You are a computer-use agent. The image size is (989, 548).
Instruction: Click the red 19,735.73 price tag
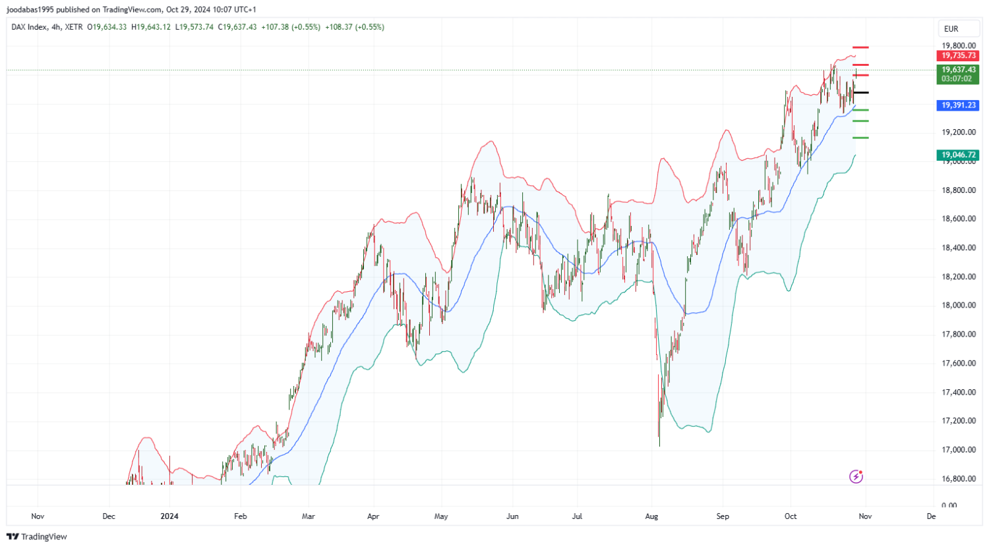tap(958, 56)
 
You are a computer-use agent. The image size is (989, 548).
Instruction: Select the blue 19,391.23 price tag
tap(958, 105)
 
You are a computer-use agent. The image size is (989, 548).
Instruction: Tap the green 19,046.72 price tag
tap(958, 155)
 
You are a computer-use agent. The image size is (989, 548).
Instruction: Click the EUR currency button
tap(951, 29)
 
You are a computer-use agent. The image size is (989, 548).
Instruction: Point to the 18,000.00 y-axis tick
tap(959, 306)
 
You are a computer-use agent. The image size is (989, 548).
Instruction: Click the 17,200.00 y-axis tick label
tap(959, 421)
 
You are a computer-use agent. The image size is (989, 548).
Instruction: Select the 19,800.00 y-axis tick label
tap(959, 46)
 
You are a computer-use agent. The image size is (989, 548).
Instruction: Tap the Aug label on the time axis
tap(651, 516)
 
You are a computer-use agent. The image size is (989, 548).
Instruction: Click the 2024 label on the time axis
tap(169, 516)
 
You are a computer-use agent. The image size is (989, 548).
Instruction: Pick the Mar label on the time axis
tap(308, 516)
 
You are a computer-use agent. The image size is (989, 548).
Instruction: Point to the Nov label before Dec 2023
tap(38, 516)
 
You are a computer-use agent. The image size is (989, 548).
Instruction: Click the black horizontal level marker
tap(860, 93)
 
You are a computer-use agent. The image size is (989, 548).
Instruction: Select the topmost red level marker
tap(860, 47)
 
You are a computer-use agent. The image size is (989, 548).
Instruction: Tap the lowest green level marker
tap(860, 138)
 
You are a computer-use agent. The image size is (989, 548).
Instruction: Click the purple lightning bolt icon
tap(856, 476)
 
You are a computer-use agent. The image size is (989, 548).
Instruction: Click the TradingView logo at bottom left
tap(37, 537)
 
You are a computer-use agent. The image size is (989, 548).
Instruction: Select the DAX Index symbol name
tap(29, 27)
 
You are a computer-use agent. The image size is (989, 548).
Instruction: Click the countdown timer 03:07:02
tap(957, 79)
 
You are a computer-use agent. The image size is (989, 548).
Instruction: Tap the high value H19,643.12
tap(151, 27)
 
